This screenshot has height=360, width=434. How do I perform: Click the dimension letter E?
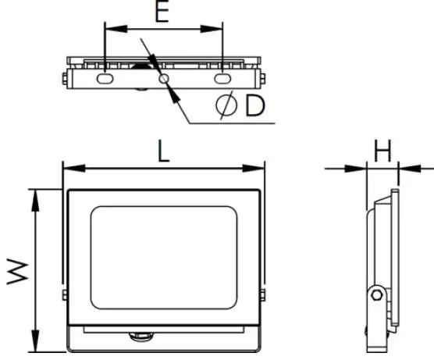click(162, 14)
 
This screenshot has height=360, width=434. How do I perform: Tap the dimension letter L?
click(162, 151)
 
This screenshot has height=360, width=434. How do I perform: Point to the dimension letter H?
click(382, 151)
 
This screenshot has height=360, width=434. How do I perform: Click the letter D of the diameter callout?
click(254, 107)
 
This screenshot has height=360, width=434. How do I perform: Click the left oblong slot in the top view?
click(105, 79)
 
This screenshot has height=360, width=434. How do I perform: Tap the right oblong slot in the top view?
click(222, 79)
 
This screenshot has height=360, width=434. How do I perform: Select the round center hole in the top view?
click(164, 79)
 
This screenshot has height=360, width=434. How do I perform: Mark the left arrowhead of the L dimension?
click(68, 167)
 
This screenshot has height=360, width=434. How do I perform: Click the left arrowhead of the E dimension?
click(109, 30)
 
